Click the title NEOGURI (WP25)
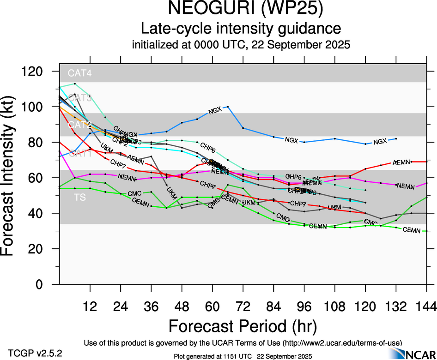(x=242, y=9)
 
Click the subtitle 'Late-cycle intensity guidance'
(x=242, y=29)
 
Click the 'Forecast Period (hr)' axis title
(x=243, y=327)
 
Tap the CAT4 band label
(x=80, y=73)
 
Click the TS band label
(x=80, y=198)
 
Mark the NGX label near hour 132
(x=380, y=141)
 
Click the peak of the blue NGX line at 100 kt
(x=228, y=107)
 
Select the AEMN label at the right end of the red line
(x=401, y=162)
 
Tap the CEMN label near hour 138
(x=412, y=230)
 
